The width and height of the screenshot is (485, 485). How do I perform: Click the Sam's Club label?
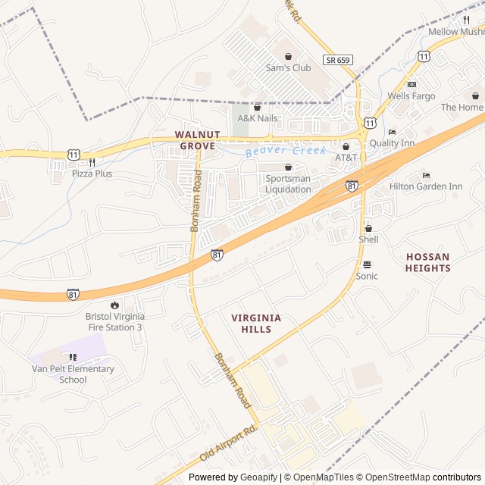coord(288,67)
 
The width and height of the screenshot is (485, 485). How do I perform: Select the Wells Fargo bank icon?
coord(411,84)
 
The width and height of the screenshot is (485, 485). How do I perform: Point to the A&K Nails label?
coord(258,118)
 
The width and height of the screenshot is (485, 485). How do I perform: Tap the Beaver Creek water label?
coord(286,152)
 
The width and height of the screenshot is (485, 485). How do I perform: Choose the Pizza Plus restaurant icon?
coord(92,161)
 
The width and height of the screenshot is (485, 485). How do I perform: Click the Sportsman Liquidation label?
coord(288,183)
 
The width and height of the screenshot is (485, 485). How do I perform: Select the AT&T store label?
coord(346,158)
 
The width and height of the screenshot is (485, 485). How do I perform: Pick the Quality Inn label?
coord(392,143)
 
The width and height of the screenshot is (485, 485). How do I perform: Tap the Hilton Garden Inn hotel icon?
coord(425,175)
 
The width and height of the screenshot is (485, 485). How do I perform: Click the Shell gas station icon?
coord(368,228)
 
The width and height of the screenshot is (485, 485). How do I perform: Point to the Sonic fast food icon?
coord(367,264)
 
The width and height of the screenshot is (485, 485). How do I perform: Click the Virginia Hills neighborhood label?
coord(256,324)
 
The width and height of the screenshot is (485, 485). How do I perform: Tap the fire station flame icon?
coord(114,305)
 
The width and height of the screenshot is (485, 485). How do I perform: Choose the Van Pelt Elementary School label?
coord(73,374)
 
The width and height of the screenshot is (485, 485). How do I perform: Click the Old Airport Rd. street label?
coord(229,444)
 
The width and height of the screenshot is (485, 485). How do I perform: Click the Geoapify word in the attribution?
coord(259,477)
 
